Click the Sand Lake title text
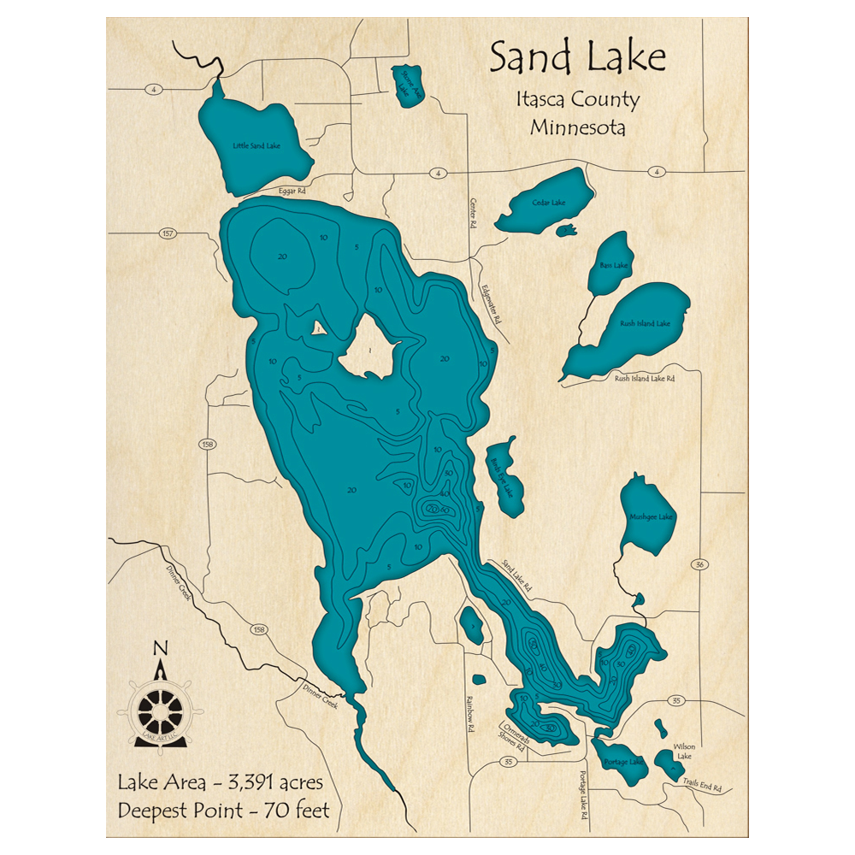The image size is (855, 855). [x=577, y=58]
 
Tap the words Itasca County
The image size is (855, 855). [x=577, y=100]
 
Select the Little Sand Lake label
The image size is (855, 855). [x=256, y=146]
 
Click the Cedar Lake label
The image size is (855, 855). [x=548, y=203]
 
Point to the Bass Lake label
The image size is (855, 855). [x=613, y=266]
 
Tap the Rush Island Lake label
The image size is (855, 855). [x=645, y=324]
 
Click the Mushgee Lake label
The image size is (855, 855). [x=651, y=517]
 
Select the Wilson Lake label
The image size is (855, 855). [x=684, y=751]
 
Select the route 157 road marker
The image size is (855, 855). [x=167, y=233]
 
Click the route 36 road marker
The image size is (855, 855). [x=699, y=564]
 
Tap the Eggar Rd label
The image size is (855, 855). [x=292, y=192]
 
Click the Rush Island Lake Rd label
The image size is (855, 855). [x=645, y=378]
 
